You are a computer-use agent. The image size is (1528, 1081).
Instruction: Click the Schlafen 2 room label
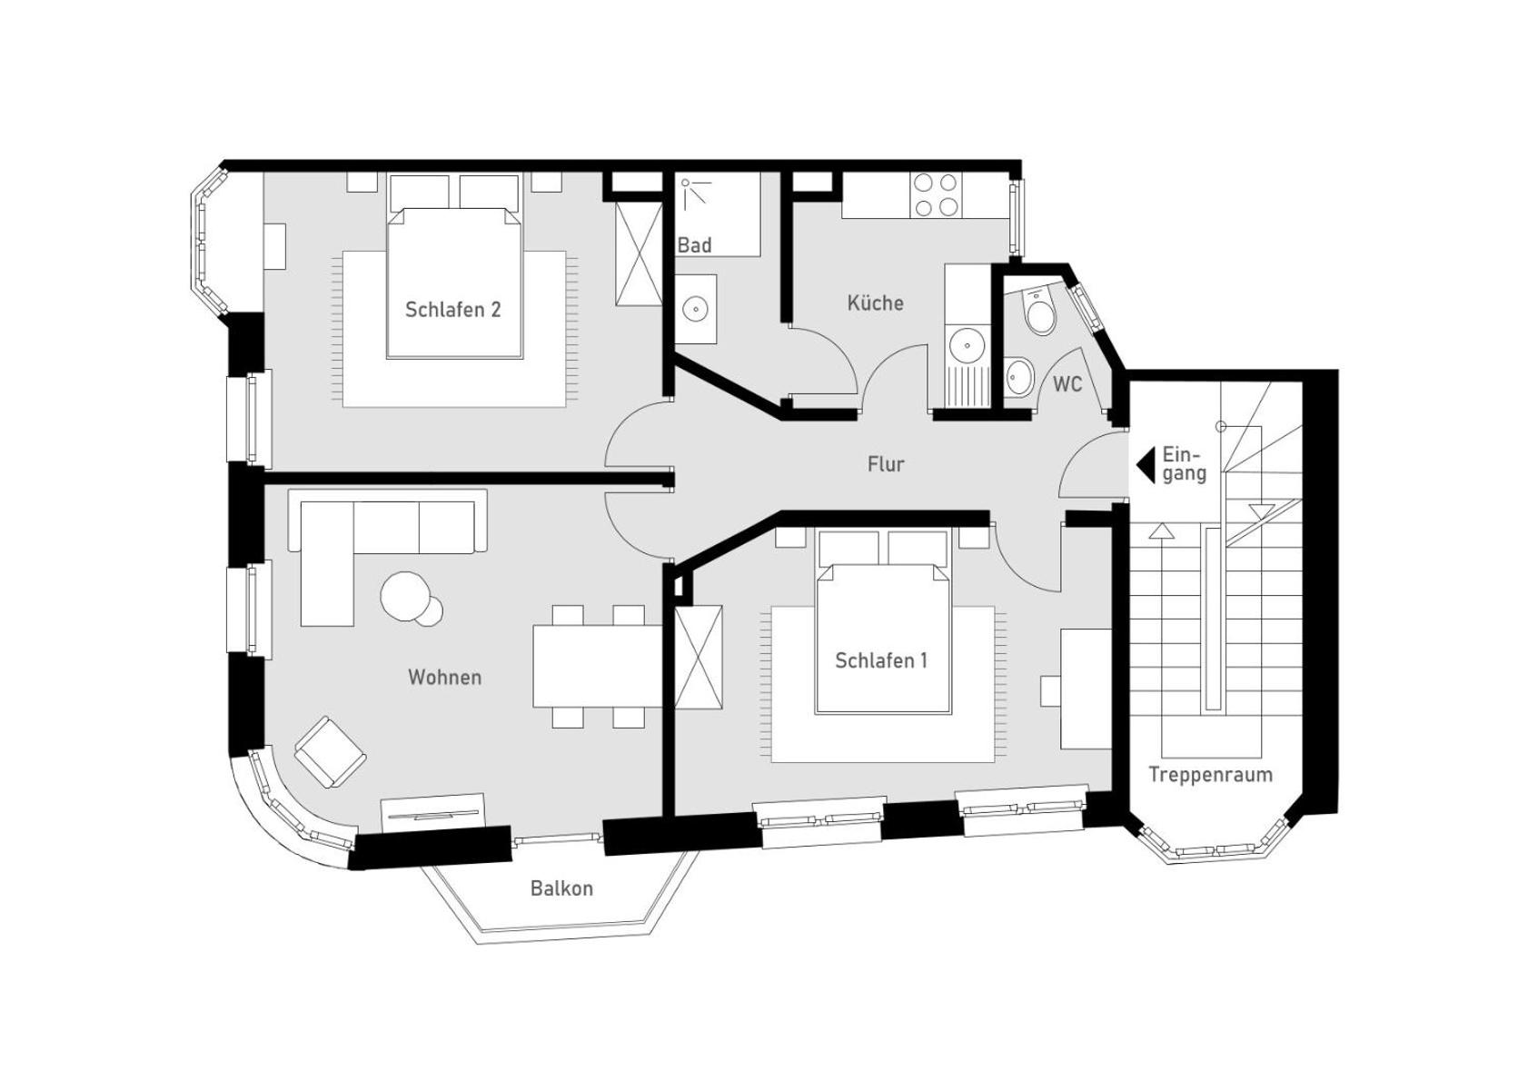(x=453, y=310)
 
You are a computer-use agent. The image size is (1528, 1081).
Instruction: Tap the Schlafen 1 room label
(x=881, y=660)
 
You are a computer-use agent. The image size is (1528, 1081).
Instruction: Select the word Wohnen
(x=445, y=678)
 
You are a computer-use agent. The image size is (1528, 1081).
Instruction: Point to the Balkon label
(x=561, y=888)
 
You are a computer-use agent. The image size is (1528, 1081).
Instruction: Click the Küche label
(x=875, y=302)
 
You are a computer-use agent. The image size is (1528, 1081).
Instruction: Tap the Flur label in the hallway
(x=886, y=464)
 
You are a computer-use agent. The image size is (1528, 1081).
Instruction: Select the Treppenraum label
(x=1210, y=775)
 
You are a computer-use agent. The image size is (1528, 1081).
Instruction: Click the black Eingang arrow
(x=1146, y=465)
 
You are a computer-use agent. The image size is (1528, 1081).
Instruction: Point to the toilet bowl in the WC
(x=1039, y=313)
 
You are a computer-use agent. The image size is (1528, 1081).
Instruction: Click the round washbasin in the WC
(x=1018, y=376)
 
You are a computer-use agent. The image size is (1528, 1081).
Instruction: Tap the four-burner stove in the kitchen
(x=934, y=195)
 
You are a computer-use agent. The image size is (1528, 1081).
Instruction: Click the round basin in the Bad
(x=695, y=309)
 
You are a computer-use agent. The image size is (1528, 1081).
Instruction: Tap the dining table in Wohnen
(x=598, y=667)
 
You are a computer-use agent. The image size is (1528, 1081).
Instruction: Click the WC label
(x=1067, y=384)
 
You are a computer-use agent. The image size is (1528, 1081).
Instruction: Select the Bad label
(x=694, y=245)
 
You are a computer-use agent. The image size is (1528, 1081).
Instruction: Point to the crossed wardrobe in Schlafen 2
(x=639, y=253)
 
